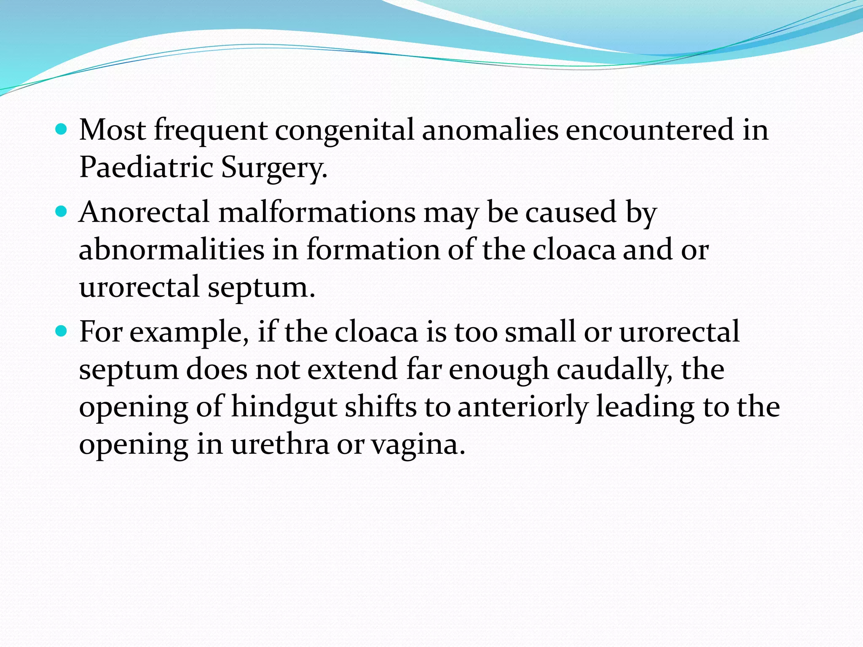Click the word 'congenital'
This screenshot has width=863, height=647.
pos(344,131)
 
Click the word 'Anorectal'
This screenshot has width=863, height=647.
pos(144,212)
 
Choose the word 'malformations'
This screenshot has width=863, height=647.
pos(317,212)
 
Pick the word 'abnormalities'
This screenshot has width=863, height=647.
pos(172,249)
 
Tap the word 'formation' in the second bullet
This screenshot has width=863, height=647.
pos(373,249)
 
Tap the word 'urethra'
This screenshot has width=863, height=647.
pos(280,445)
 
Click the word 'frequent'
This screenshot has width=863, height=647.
pos(210,131)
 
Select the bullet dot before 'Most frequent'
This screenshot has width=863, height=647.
pos(62,129)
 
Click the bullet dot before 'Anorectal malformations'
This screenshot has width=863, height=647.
pos(62,211)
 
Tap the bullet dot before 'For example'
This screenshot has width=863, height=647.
pos(62,331)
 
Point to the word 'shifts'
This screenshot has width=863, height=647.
pos(381,407)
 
